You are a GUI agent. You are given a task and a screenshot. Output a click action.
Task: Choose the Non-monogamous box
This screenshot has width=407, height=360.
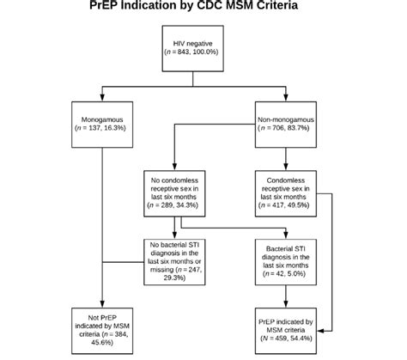coord(287,123)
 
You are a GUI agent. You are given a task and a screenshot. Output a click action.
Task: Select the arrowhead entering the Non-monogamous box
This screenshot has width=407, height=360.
coord(287,101)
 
